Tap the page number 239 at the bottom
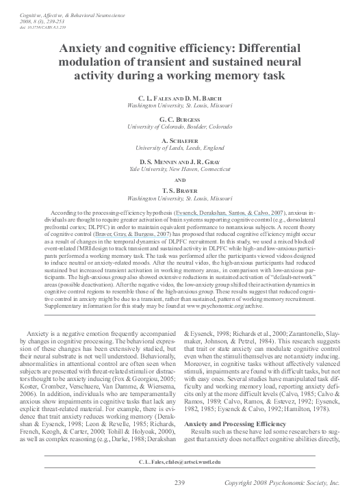[179, 482]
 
